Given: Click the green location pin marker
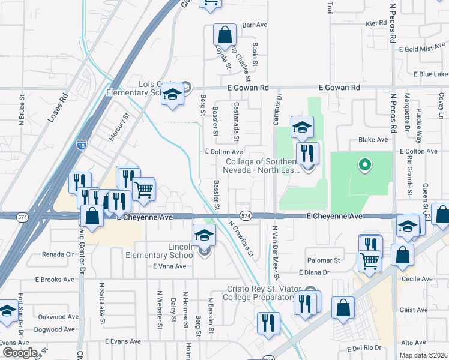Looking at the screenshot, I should tap(363, 163).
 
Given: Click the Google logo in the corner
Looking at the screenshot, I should tap(19, 353).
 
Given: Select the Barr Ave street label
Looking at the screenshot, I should tap(254, 25).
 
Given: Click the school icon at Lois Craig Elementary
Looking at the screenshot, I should tap(172, 95).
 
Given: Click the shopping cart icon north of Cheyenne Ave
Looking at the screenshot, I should tap(143, 189).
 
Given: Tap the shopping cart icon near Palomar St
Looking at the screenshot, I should tap(369, 260).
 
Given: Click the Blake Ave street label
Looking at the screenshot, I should tap(373, 139).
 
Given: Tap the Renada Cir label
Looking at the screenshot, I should tap(58, 254).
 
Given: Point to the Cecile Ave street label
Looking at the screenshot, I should tap(418, 279).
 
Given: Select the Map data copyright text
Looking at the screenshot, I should tap(423, 355).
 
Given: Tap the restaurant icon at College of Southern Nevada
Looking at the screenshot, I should tap(307, 154).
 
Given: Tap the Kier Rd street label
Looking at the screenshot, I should tap(376, 22).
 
